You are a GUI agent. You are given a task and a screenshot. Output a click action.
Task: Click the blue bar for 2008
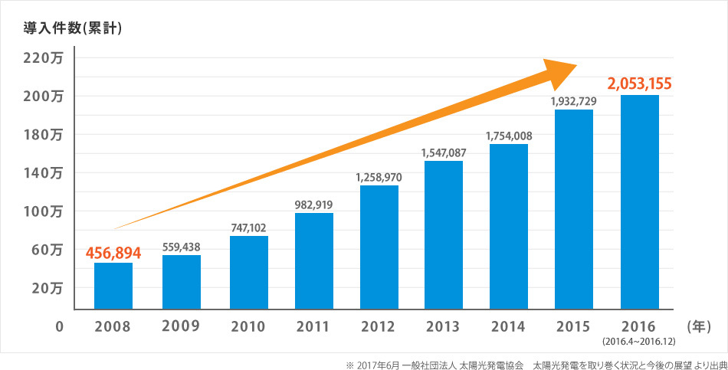tap(113, 285)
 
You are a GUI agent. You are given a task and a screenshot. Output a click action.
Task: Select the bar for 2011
tap(313, 260)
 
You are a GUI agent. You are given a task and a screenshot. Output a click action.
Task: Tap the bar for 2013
tap(443, 234)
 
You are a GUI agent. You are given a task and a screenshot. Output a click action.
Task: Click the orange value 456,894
tap(113, 252)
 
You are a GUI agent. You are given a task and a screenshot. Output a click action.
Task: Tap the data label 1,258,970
tap(379, 177)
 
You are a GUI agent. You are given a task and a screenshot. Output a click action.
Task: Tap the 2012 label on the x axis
tap(379, 326)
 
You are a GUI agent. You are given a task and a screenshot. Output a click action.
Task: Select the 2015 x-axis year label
tap(573, 326)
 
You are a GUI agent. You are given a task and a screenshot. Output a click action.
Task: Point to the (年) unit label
tap(700, 326)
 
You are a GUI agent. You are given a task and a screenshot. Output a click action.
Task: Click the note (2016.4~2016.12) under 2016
tap(639, 339)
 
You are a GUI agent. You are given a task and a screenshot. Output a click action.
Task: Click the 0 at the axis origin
tap(58, 326)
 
